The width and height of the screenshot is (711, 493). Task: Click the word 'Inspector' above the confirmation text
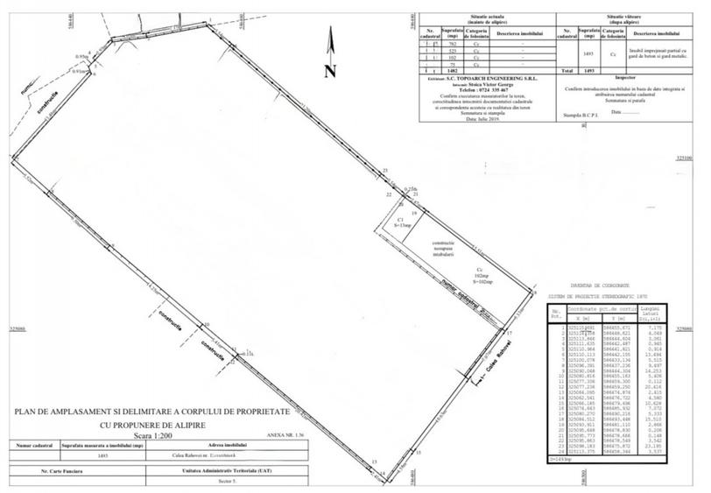(x=624, y=78)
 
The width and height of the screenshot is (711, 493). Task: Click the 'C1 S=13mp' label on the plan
(x=400, y=223)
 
